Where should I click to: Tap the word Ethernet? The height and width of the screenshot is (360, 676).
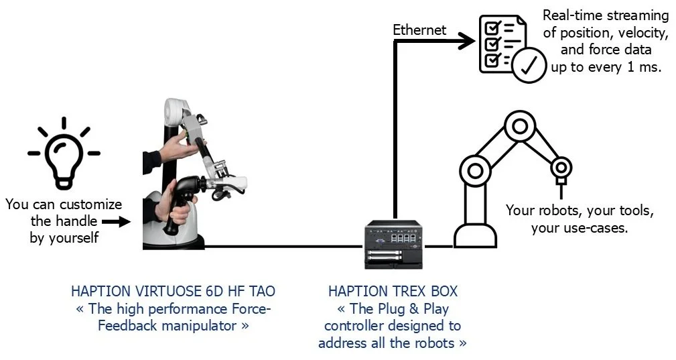pyautogui.click(x=419, y=29)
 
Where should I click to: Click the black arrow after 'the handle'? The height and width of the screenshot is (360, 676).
pyautogui.click(x=115, y=221)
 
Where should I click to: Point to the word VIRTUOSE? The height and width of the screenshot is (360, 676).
pyautogui.click(x=155, y=292)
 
